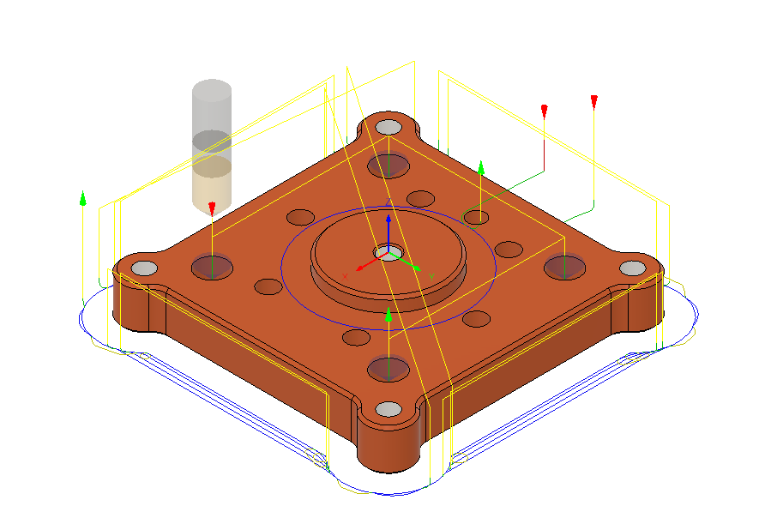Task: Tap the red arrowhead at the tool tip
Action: [x=212, y=208]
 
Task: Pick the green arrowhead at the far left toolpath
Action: [x=82, y=199]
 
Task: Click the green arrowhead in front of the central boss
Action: [x=389, y=316]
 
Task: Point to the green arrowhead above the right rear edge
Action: [x=481, y=166]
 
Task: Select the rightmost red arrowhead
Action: [x=593, y=102]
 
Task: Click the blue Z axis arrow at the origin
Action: [x=389, y=225]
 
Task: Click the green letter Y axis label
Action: [x=431, y=275]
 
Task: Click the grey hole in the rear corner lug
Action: [x=389, y=128]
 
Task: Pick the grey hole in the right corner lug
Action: [x=631, y=268]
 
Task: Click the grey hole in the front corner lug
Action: [x=389, y=409]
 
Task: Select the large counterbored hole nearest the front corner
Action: [x=388, y=369]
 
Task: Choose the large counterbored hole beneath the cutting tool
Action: [x=211, y=267]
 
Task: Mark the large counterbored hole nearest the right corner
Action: [x=563, y=268]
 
